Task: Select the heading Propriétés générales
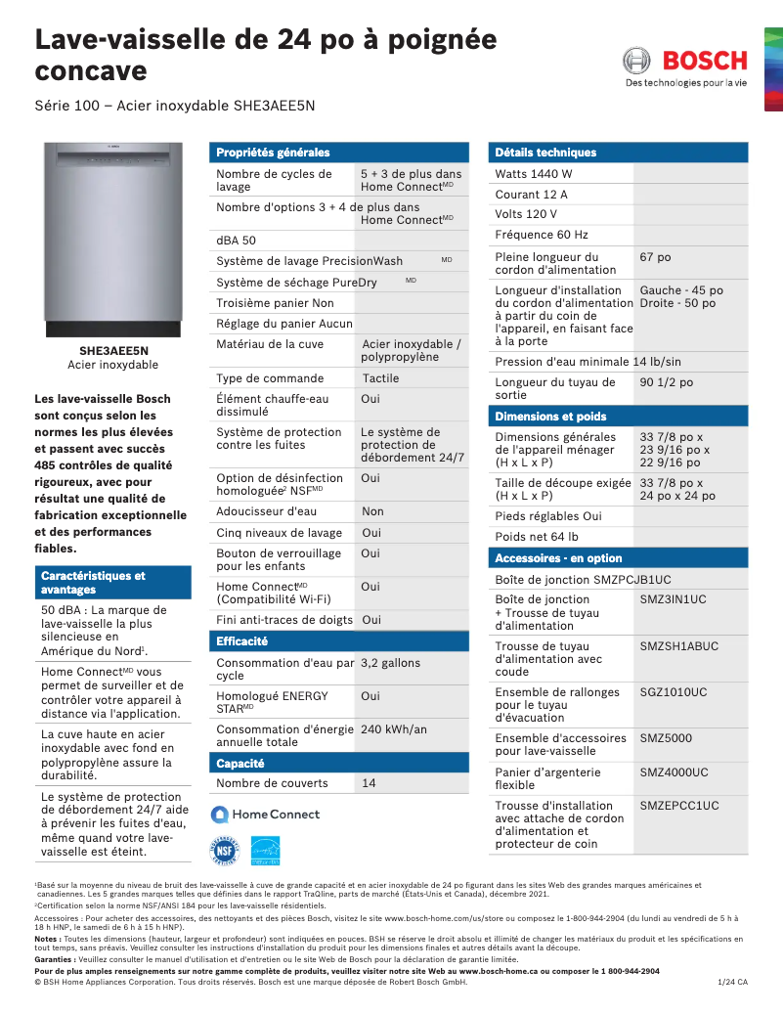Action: pyautogui.click(x=273, y=153)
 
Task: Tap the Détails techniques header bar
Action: pyautogui.click(x=545, y=153)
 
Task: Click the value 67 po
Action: pyautogui.click(x=655, y=257)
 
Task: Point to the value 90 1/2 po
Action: pyautogui.click(x=666, y=383)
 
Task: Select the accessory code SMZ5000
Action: pyautogui.click(x=666, y=738)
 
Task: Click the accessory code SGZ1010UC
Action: pyautogui.click(x=673, y=692)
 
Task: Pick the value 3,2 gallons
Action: pyautogui.click(x=390, y=663)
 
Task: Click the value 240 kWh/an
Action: pyautogui.click(x=393, y=729)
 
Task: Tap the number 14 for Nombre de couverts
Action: pyautogui.click(x=369, y=783)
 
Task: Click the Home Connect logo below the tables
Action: pyautogui.click(x=266, y=815)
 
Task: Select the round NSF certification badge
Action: pyautogui.click(x=225, y=851)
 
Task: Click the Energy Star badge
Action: pyautogui.click(x=265, y=851)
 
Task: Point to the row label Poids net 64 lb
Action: pyautogui.click(x=537, y=537)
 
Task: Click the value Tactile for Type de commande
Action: pyautogui.click(x=380, y=378)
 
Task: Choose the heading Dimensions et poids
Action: pyautogui.click(x=550, y=417)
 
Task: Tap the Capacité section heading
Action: pyautogui.click(x=241, y=763)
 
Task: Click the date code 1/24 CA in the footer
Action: pyautogui.click(x=731, y=982)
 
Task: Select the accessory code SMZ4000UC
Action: pyautogui.click(x=674, y=772)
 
